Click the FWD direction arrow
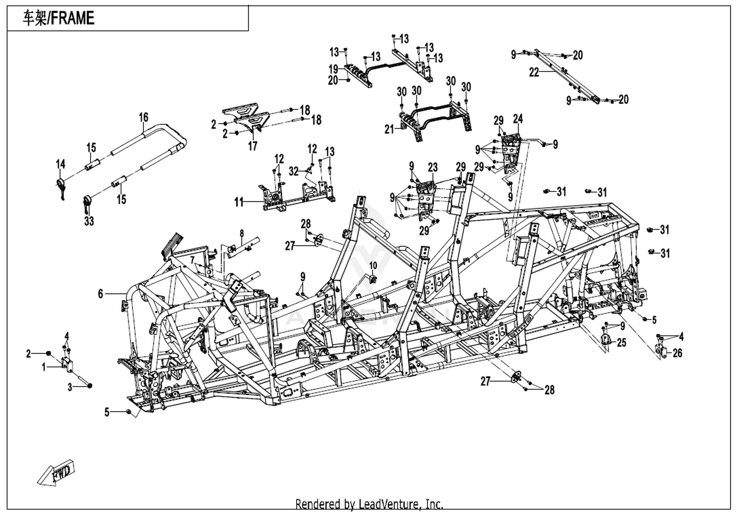pos(55,473)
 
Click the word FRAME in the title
pos(73,18)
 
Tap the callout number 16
pos(143,117)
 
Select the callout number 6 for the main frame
pos(101,293)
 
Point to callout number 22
pos(534,72)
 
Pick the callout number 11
pos(239,202)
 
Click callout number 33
pos(89,221)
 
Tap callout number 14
pos(61,164)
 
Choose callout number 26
pos(677,353)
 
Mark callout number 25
pos(622,343)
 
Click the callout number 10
pos(373,265)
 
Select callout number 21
pos(389,129)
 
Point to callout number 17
pos(253,146)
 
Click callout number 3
pos(69,387)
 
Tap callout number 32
pos(294,171)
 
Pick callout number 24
pos(518,119)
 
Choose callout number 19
pos(334,69)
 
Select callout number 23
pos(433,167)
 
